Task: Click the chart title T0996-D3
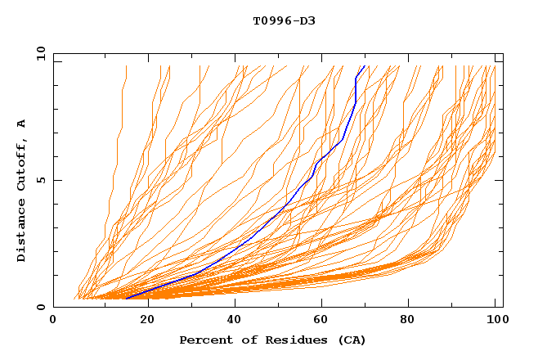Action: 284,20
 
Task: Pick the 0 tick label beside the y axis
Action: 40,307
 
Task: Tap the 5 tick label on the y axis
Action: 40,180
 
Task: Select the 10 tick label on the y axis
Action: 39,53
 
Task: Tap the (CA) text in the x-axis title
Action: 352,340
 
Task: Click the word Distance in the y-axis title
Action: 21,232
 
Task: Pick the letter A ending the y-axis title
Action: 21,124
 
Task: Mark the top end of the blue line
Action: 365,65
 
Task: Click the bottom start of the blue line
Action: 126,299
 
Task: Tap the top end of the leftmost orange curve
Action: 127,65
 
